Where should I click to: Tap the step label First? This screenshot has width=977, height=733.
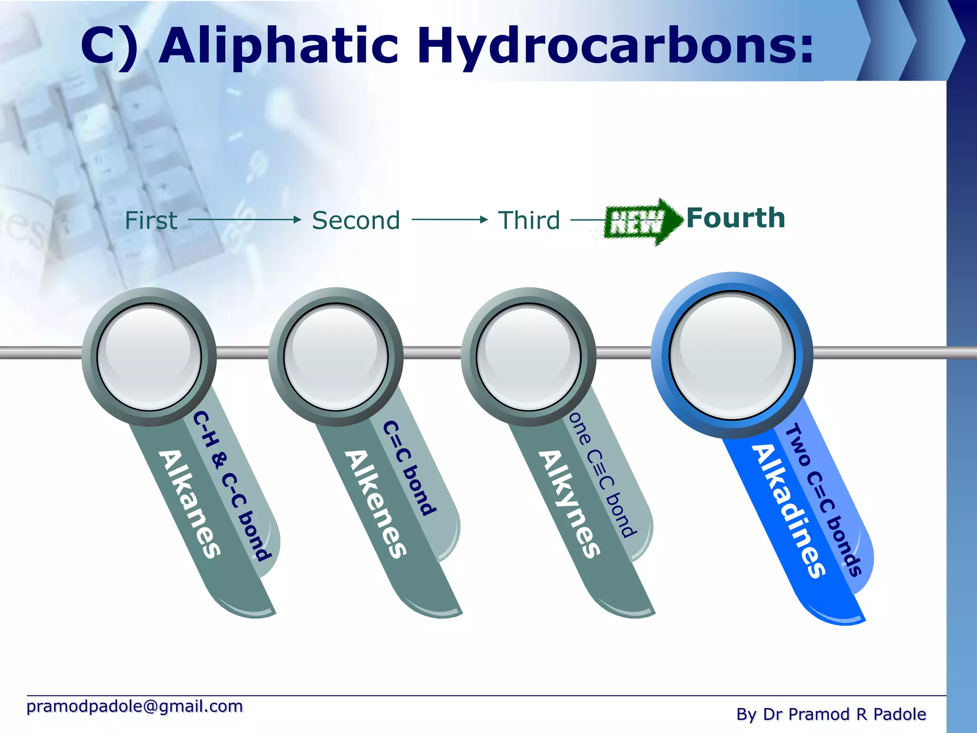coord(151,220)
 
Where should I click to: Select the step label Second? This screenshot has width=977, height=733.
coord(356,220)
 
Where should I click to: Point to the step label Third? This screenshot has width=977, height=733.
coord(529,220)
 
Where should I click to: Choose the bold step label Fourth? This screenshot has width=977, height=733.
coord(736,218)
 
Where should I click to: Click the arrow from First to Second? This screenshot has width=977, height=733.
coord(245,220)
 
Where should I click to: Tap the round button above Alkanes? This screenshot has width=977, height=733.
coord(149,356)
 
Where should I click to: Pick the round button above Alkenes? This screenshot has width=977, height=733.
coord(336,356)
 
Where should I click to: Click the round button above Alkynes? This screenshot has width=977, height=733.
coord(529,356)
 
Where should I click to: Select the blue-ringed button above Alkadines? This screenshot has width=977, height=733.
coord(732,356)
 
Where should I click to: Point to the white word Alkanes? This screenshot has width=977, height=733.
coord(190,503)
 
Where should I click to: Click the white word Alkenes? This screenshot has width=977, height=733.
coord(376,503)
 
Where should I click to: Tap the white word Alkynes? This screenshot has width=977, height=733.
coord(569,503)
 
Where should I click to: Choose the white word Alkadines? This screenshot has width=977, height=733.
coord(788,511)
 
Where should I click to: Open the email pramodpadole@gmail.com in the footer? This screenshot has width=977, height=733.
coord(135,706)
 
